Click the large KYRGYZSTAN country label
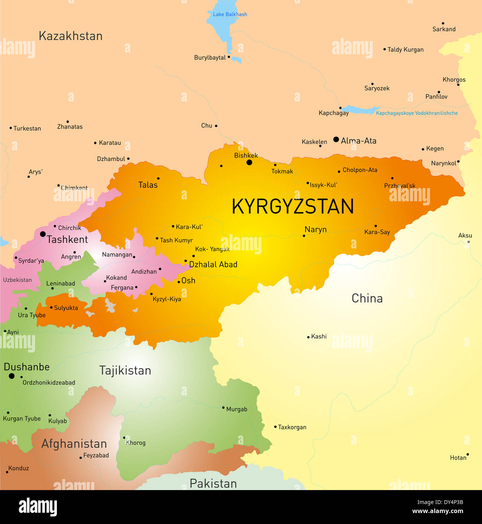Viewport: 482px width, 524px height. click(292, 207)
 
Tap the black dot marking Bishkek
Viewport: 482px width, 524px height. click(249, 162)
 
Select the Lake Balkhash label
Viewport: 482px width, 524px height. click(230, 14)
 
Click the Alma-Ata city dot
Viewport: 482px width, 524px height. click(336, 139)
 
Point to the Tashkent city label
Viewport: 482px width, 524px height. click(67, 239)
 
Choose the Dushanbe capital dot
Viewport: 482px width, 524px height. click(12, 376)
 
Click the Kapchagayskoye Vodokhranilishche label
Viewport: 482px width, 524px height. click(416, 113)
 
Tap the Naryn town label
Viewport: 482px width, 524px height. click(315, 230)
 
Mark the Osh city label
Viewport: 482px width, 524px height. click(188, 280)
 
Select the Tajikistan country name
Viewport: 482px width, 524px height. click(125, 371)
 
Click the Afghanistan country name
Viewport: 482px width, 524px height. click(74, 444)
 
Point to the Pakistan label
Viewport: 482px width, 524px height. click(213, 483)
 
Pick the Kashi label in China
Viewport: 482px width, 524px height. click(319, 336)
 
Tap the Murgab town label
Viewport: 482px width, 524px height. click(237, 409)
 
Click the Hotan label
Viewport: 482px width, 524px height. click(458, 458)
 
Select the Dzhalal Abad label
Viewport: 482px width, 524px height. click(213, 265)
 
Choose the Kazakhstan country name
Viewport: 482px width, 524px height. click(70, 36)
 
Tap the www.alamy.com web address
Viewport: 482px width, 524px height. click(438, 512)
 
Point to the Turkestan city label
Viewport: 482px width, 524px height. click(27, 129)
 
